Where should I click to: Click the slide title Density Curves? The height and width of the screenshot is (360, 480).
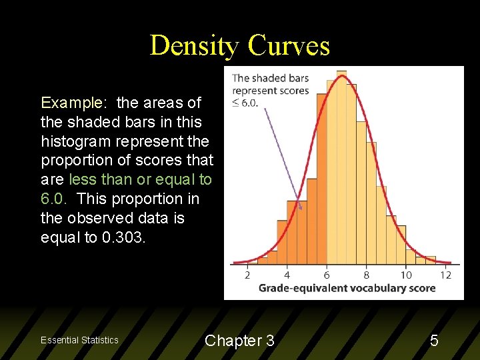(240, 45)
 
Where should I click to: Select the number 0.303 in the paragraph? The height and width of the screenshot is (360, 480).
(122, 237)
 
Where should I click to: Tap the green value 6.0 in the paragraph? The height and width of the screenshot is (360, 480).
(54, 199)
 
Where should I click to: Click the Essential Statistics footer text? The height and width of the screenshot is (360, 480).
(79, 340)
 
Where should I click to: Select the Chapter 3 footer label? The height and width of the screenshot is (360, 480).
(239, 341)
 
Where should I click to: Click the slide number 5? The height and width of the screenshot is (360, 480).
(434, 341)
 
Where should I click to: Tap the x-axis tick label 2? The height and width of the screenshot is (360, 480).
(247, 275)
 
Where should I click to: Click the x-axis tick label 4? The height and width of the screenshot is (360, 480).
(287, 275)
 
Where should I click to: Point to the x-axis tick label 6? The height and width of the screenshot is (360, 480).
(327, 275)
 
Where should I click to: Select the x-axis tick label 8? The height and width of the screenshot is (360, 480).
(366, 275)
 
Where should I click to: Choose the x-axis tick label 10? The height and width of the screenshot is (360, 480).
(406, 275)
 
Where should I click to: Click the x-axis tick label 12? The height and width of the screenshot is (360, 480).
(445, 275)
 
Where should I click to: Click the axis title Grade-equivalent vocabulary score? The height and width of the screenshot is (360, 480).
(347, 288)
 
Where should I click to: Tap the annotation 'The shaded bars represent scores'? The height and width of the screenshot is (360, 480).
(270, 84)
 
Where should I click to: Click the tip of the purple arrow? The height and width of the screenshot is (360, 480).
(301, 209)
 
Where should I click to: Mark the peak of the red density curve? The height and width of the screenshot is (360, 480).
(342, 75)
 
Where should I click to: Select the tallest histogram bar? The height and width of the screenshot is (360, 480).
(341, 167)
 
